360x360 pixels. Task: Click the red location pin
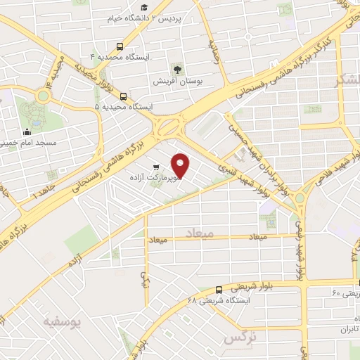click(181, 166)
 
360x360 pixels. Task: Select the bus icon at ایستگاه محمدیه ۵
click(124, 97)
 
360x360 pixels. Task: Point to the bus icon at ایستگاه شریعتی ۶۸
click(219, 289)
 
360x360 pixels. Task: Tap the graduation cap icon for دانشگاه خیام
click(144, 8)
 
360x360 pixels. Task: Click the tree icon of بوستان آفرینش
click(177, 69)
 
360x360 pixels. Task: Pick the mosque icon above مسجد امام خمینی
click(27, 131)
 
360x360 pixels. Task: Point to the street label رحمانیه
click(214, 51)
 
